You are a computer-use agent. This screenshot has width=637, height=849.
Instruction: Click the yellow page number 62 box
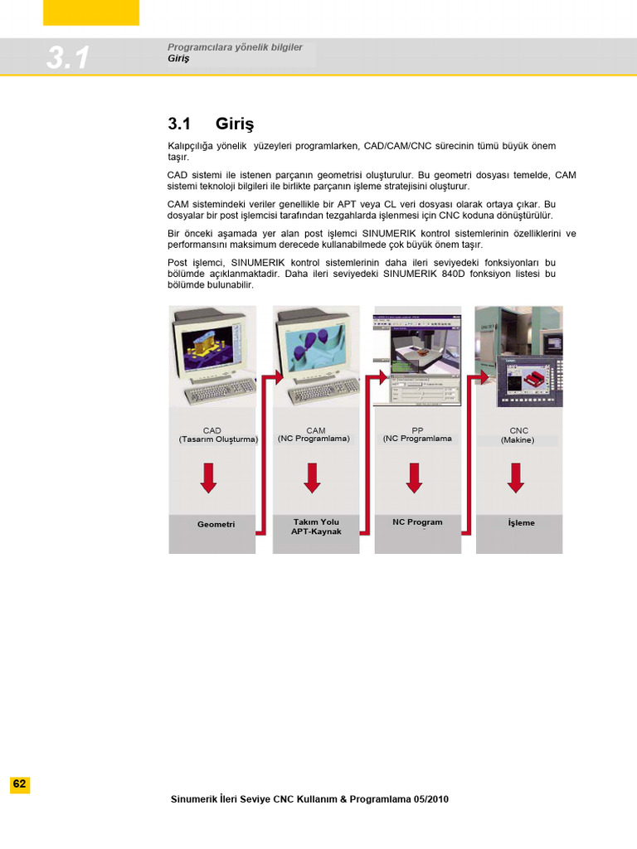[x=20, y=785]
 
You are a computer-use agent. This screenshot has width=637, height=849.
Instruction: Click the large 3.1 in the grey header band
[x=69, y=58]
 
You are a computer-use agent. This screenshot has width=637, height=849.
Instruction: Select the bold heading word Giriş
[x=235, y=124]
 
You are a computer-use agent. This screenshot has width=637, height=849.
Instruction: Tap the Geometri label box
[x=216, y=525]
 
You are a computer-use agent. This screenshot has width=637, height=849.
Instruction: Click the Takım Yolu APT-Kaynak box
[x=315, y=526]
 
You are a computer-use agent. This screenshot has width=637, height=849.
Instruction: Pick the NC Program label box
[x=417, y=522]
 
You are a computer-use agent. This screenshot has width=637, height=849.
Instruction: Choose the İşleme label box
[x=521, y=523]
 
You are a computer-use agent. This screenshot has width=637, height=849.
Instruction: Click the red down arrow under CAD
[x=209, y=478]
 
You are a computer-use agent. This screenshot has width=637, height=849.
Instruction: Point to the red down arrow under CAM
[x=312, y=478]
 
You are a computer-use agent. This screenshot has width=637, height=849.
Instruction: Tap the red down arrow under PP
[x=414, y=478]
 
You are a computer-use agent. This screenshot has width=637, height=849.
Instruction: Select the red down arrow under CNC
[x=515, y=478]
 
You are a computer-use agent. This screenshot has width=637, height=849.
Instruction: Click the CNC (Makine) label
[x=518, y=435]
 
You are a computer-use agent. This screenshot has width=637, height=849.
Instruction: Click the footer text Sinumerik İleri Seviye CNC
[x=309, y=799]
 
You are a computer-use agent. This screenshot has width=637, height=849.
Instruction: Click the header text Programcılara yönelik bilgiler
[x=235, y=48]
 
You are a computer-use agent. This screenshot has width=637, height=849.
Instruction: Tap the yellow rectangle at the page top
[x=91, y=12]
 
